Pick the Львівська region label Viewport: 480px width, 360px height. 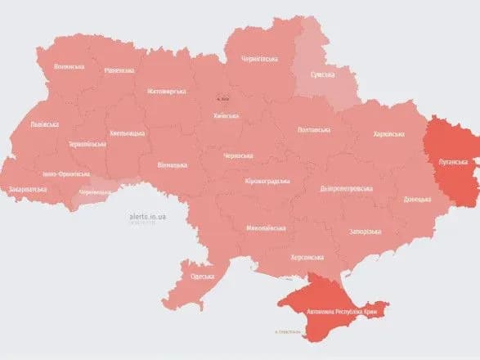coord(43,125)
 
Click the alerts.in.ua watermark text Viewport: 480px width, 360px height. coord(147,218)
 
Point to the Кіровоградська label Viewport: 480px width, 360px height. coord(267,180)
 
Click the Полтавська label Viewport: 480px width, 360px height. coord(314,129)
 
